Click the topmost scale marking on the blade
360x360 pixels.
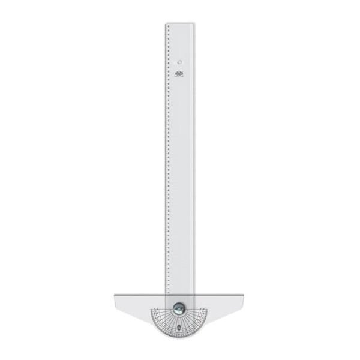(169, 27)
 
